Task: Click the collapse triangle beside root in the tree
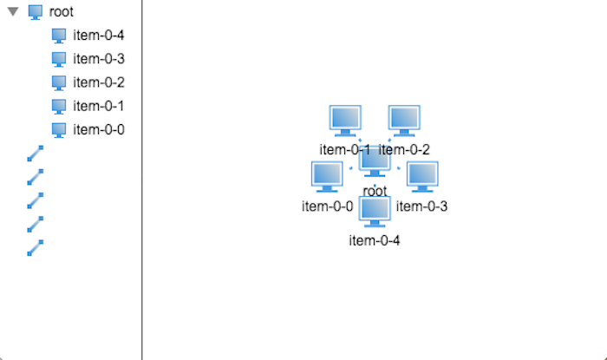(13, 12)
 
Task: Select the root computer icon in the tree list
(36, 12)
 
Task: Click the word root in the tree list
(62, 12)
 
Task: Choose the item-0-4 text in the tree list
(99, 36)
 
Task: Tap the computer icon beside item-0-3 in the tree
(59, 59)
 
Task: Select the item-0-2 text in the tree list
(99, 82)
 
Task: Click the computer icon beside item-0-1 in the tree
(59, 106)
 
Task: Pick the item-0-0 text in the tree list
(99, 129)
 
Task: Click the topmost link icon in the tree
(36, 154)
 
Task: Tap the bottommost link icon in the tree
(36, 247)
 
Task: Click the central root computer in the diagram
(375, 161)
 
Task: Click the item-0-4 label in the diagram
(375, 240)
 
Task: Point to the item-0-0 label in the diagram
(327, 206)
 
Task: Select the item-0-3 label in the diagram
(422, 206)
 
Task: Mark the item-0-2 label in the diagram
(405, 149)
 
